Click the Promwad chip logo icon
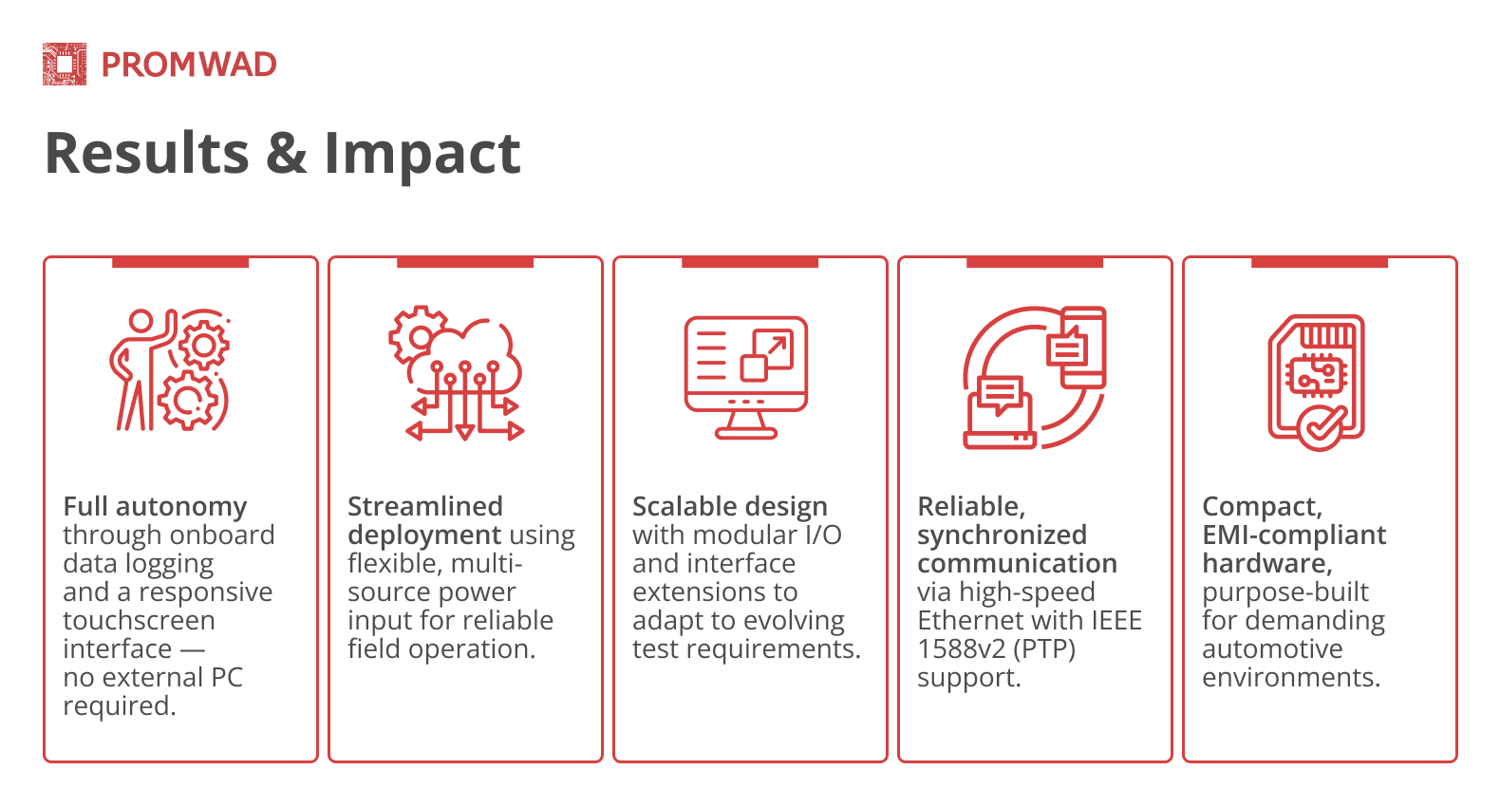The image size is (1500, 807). [x=65, y=65]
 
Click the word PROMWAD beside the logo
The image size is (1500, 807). [x=189, y=65]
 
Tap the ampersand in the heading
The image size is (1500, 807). [x=286, y=154]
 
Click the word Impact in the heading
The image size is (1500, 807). [x=422, y=154]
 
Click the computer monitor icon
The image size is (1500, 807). [x=746, y=376]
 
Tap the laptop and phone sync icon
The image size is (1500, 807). [x=1035, y=376]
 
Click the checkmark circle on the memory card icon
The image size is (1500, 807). [x=1322, y=427]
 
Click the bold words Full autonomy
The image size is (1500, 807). [x=155, y=506]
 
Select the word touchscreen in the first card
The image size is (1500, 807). [x=139, y=620]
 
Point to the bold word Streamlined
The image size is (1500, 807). [x=424, y=506]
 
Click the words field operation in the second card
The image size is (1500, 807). [x=441, y=648]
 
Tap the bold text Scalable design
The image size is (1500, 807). [x=729, y=506]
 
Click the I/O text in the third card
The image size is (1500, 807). [x=822, y=535]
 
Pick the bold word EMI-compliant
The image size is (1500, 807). [x=1293, y=535]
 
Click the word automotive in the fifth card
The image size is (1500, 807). [x=1272, y=648]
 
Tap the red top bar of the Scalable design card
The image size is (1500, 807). [x=750, y=262]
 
